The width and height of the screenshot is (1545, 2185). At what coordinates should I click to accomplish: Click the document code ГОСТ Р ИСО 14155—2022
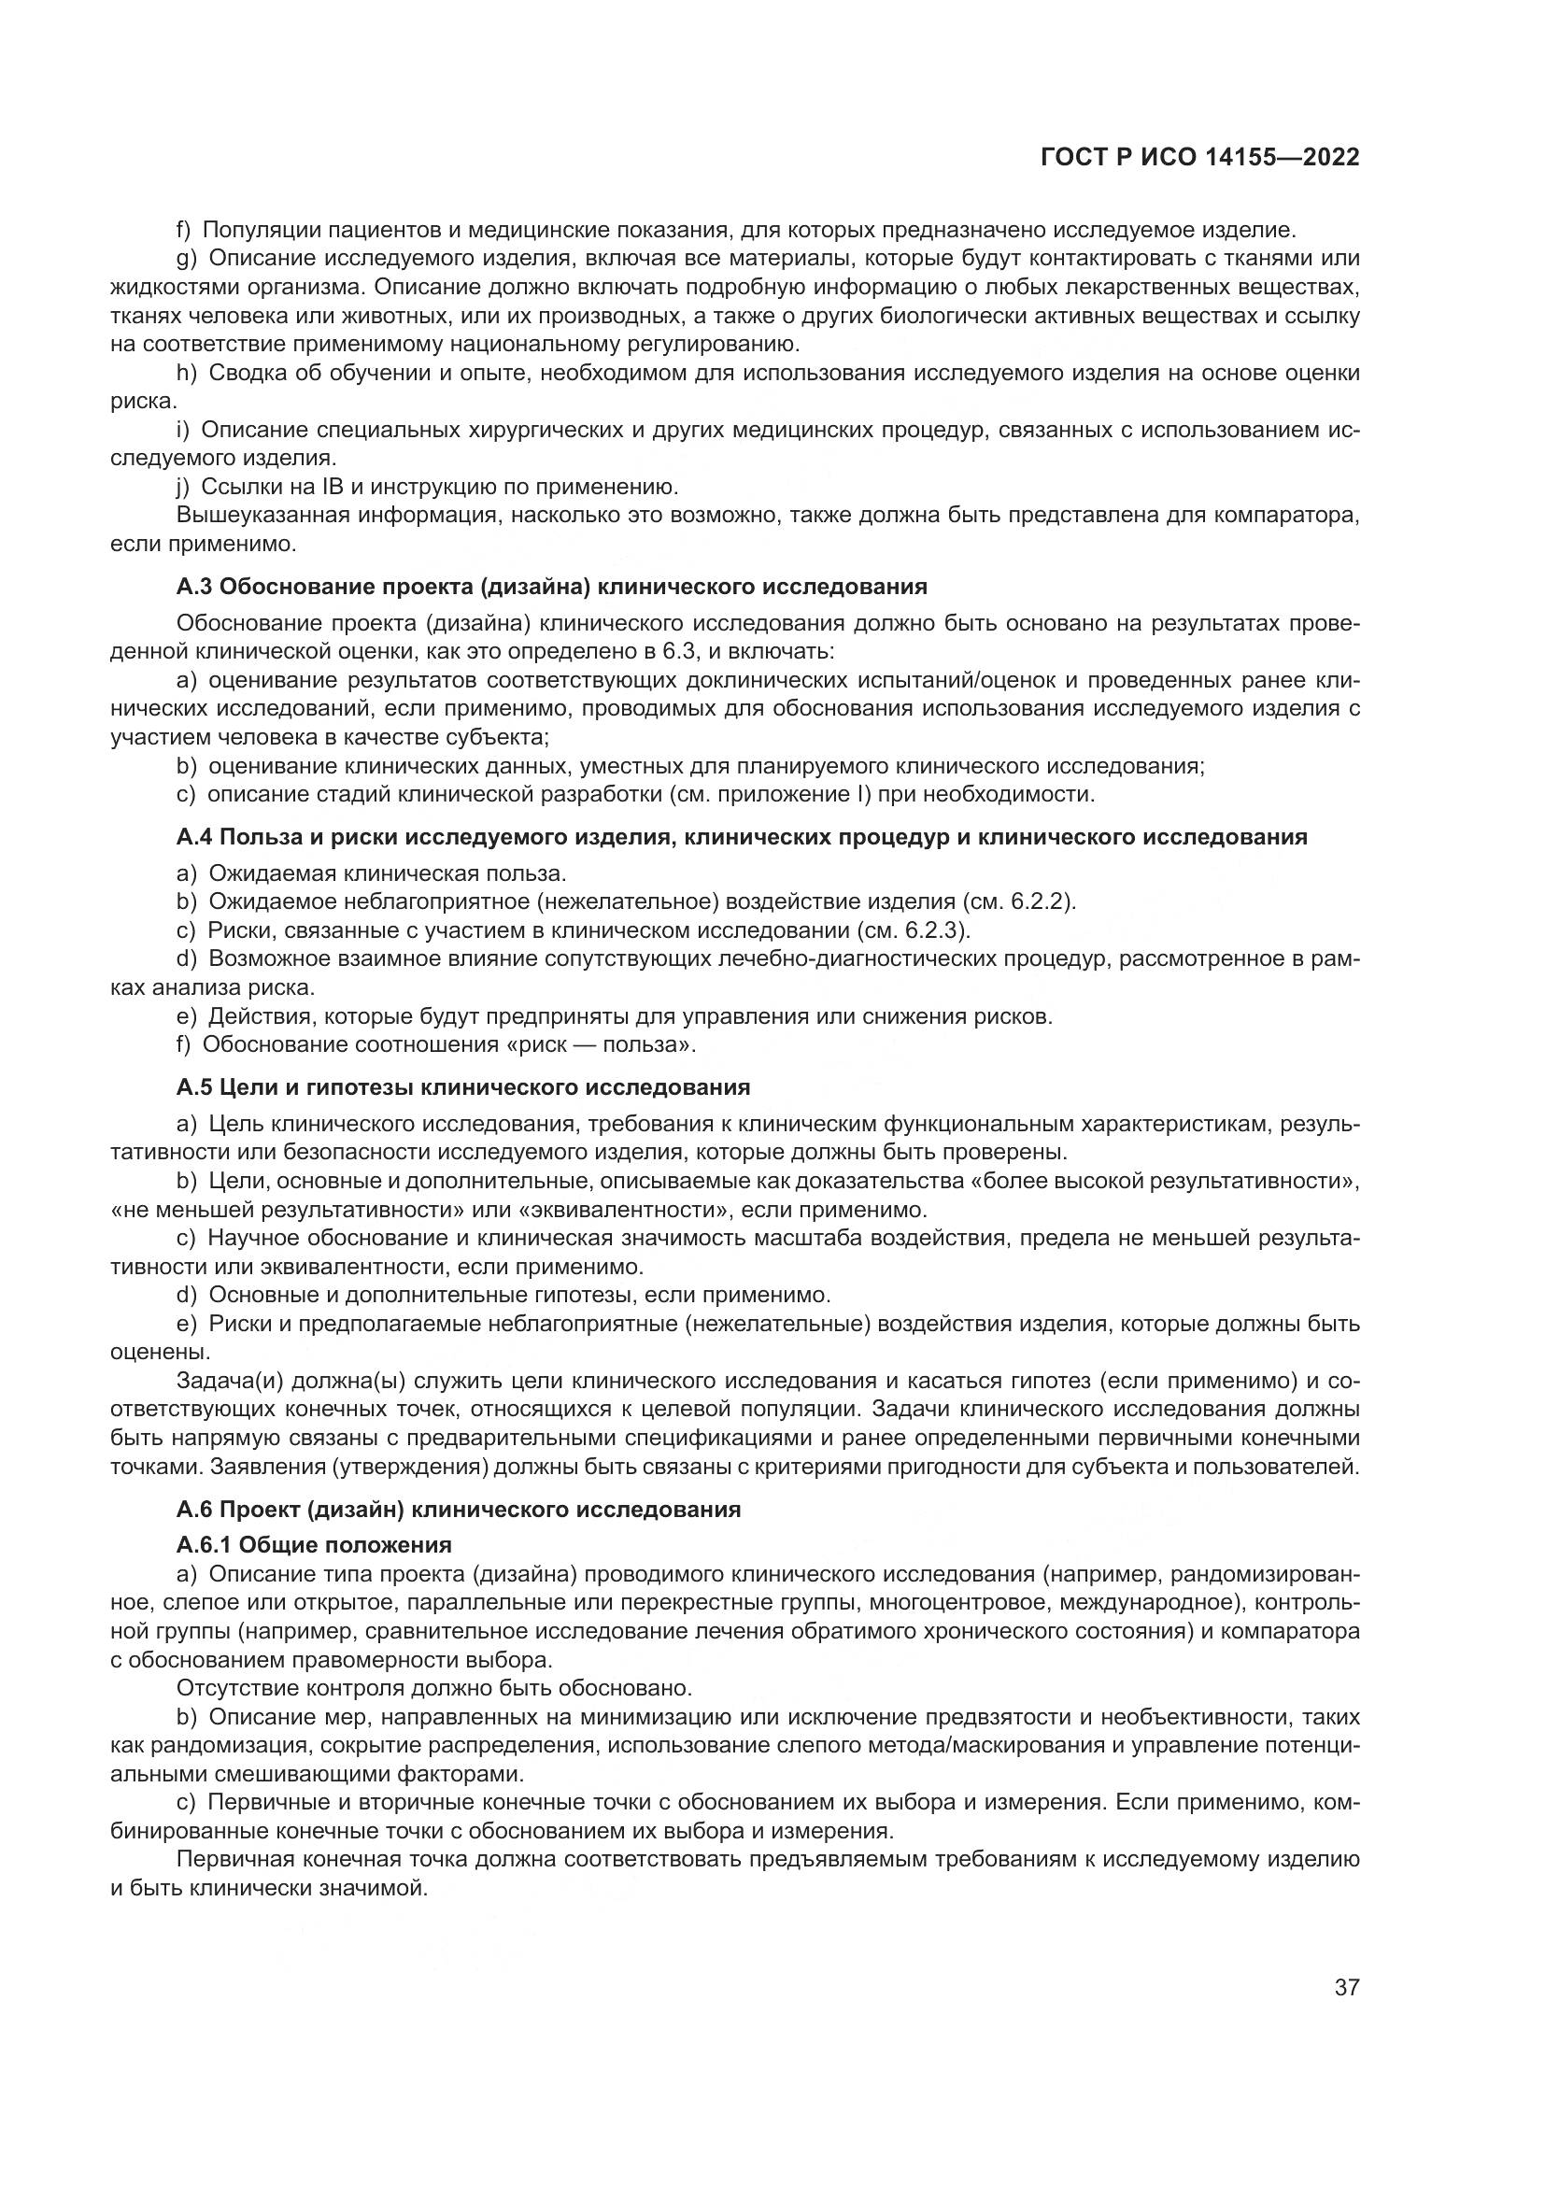pos(1199,158)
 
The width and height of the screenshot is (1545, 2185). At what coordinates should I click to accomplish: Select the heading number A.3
pos(195,588)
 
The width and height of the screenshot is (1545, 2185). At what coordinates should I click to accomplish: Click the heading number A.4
pos(195,837)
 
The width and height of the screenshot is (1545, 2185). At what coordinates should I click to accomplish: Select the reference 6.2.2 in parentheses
pos(1042,901)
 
